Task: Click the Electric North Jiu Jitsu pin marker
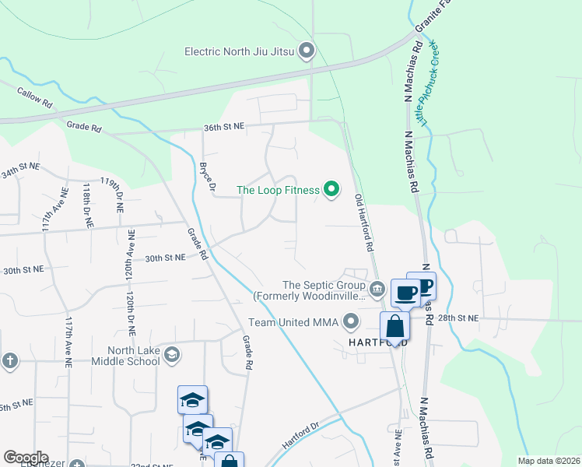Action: pos(307,52)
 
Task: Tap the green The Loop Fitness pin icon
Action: pos(331,190)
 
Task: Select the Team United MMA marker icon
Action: pos(351,321)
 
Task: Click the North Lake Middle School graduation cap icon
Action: pos(172,356)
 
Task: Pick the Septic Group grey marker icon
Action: pos(377,290)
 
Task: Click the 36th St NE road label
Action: pos(223,125)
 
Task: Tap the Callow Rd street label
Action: pos(35,97)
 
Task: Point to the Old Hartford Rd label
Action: pos(363,222)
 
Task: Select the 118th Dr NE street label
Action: pos(88,206)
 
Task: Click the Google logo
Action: pos(26,458)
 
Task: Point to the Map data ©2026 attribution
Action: pos(547,461)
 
